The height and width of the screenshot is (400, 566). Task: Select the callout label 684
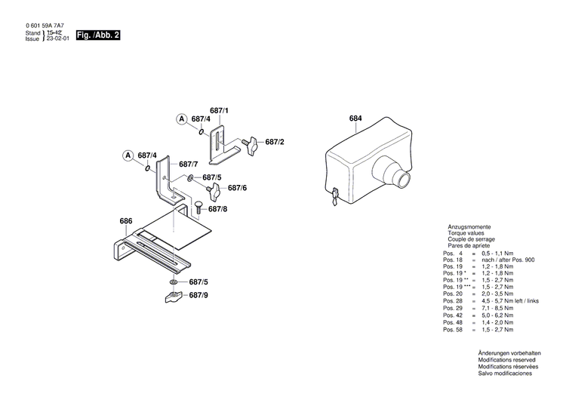pyautogui.click(x=355, y=118)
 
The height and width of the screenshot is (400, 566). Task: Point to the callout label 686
pyautogui.click(x=126, y=221)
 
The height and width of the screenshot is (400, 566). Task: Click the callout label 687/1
pyautogui.click(x=219, y=111)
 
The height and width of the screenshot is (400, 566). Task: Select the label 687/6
pyautogui.click(x=237, y=188)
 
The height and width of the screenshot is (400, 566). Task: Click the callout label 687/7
pyautogui.click(x=189, y=164)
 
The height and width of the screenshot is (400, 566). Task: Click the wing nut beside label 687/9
pyautogui.click(x=174, y=296)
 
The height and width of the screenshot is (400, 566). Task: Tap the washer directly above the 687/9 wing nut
pyautogui.click(x=174, y=282)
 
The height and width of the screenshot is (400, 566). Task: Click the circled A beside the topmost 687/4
pyautogui.click(x=182, y=119)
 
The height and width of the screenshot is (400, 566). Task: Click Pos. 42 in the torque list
pyautogui.click(x=453, y=315)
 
